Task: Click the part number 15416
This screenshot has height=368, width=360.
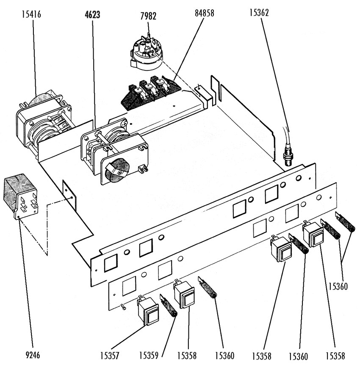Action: point(31,14)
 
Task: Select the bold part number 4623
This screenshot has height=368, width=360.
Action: point(92,14)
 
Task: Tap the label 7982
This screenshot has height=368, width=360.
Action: point(148,16)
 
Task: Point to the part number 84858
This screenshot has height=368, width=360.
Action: point(205,13)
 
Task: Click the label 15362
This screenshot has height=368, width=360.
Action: point(259,12)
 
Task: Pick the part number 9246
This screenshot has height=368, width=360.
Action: point(33,355)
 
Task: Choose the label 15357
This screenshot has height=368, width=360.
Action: point(110,356)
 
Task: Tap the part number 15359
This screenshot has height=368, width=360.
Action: point(149,356)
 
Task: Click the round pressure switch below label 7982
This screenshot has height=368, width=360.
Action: point(147,53)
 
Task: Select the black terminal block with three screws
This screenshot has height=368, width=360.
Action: point(151,93)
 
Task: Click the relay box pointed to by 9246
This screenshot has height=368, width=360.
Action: point(21,196)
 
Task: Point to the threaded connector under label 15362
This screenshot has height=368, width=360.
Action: point(288,157)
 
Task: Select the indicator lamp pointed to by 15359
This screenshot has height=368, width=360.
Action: point(169,306)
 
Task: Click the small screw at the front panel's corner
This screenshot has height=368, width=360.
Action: point(123,306)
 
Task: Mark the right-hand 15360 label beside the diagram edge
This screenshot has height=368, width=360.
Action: point(338,287)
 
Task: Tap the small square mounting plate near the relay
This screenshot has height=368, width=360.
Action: point(69,195)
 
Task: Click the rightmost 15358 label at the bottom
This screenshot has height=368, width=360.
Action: point(335,356)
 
